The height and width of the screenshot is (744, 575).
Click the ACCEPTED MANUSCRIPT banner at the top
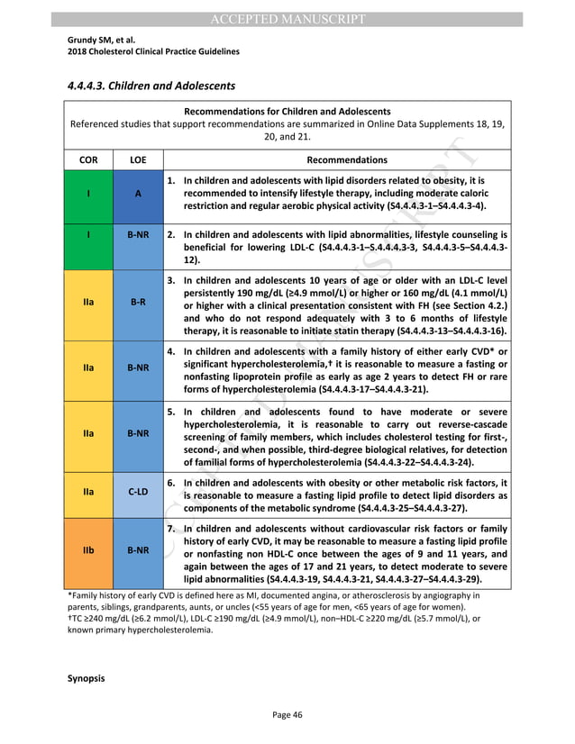(x=287, y=19)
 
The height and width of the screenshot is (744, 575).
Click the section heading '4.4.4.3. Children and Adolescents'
(x=151, y=86)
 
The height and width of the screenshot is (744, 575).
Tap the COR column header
(x=88, y=159)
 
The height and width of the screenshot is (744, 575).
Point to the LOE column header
(x=137, y=159)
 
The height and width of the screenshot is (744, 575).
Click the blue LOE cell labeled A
(x=137, y=193)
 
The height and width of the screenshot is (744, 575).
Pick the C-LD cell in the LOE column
(x=137, y=493)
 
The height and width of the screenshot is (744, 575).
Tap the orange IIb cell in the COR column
(x=88, y=549)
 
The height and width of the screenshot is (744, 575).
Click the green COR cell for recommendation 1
(x=88, y=193)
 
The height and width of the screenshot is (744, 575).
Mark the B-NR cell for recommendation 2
(x=137, y=234)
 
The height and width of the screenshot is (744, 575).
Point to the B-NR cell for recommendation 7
(x=137, y=549)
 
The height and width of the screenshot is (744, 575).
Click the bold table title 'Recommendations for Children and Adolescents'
(x=287, y=110)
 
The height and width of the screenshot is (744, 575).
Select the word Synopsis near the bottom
(x=87, y=677)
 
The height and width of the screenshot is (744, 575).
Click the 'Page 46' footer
(x=287, y=714)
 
